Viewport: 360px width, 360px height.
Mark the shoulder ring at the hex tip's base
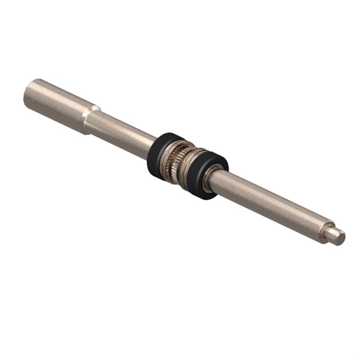coord(327,231)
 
